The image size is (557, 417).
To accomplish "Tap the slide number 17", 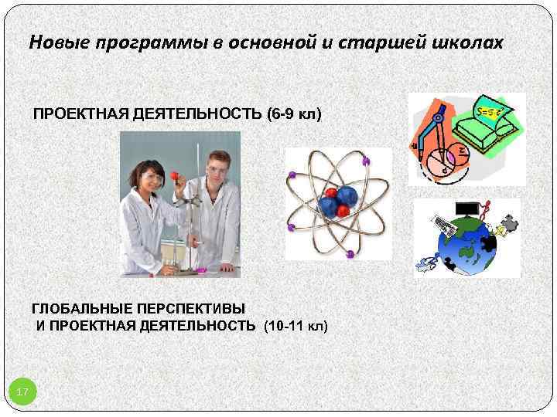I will tap(22, 393).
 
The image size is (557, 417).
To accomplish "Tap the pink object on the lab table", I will tap(200, 270).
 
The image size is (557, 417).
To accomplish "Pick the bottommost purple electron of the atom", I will tap(349, 252).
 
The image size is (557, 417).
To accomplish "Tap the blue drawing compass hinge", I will tap(437, 118).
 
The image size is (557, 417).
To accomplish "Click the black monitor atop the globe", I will tap(466, 208).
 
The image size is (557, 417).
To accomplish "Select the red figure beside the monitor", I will tap(484, 208).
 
